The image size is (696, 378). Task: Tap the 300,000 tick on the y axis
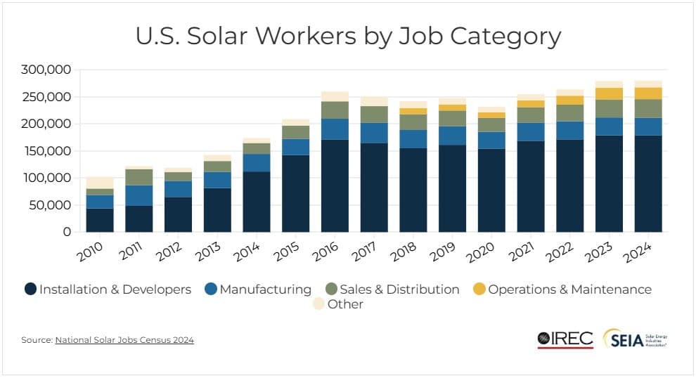pos(47,70)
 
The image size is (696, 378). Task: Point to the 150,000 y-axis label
pos(47,151)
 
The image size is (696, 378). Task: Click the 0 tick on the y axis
pos(67,232)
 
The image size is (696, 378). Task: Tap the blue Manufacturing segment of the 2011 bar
pos(138,195)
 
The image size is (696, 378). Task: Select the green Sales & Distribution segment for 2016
pos(335,110)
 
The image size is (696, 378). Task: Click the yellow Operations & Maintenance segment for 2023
pos(609,93)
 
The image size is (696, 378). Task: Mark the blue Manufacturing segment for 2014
pos(257,162)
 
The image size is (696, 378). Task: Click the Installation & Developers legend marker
pos(30,289)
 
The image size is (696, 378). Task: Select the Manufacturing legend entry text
pos(265,289)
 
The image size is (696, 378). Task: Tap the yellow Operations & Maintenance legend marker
pos(478,289)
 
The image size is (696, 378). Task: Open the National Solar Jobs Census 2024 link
pos(124,340)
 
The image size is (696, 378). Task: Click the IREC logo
pos(565,339)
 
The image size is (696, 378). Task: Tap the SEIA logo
pos(634,339)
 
